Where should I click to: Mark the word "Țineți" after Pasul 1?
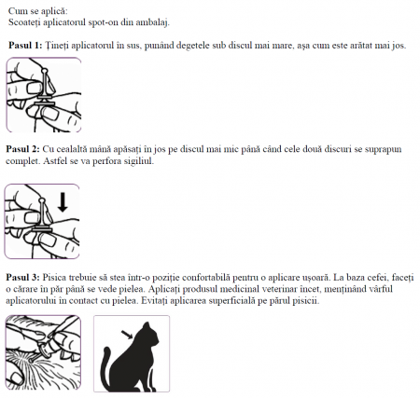click(x=60, y=44)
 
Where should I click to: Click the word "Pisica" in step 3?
click(x=60, y=277)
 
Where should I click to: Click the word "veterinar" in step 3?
click(x=192, y=289)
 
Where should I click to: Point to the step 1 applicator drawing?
click(x=42, y=94)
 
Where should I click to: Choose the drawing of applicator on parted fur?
click(x=43, y=353)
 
